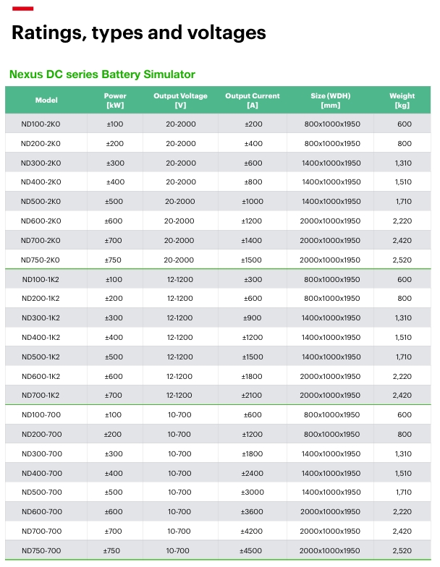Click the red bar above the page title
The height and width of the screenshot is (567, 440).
tap(23, 9)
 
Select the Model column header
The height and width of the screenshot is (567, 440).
tap(46, 100)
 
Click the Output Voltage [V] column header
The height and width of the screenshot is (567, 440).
tap(181, 100)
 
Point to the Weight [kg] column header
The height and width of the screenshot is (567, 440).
tap(402, 100)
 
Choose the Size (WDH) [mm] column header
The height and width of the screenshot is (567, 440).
tap(330, 100)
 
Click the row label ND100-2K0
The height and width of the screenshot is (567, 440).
tap(41, 124)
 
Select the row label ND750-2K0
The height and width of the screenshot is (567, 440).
tap(41, 260)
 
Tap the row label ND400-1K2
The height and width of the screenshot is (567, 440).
tap(41, 337)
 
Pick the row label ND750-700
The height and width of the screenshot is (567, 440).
tap(41, 551)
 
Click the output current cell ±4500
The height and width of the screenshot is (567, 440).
tap(250, 551)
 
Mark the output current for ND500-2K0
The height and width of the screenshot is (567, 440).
tap(253, 201)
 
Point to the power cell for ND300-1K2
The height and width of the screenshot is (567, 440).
tap(114, 318)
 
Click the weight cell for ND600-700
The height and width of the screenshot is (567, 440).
tap(402, 512)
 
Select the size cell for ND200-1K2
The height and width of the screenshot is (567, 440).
tap(331, 298)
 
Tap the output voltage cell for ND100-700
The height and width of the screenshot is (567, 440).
tap(179, 415)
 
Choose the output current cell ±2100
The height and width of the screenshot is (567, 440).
tap(252, 395)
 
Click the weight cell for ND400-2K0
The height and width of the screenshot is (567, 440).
tap(403, 182)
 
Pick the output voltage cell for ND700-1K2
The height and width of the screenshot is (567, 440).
tap(179, 395)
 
